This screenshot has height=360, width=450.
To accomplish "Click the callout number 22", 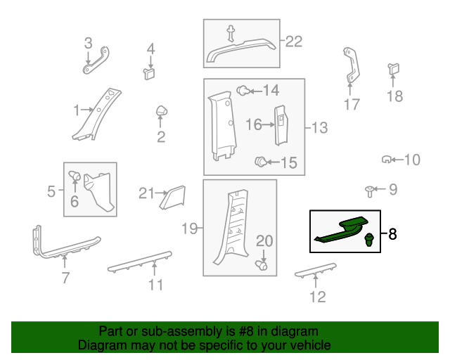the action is pyautogui.click(x=294, y=41).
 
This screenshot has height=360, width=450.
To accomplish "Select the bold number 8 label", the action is pyautogui.click(x=392, y=234).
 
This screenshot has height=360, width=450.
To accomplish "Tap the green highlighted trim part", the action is pyautogui.click(x=342, y=230).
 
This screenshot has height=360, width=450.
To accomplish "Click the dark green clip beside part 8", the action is pyautogui.click(x=369, y=240).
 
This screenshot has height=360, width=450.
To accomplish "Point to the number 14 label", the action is pyautogui.click(x=271, y=91).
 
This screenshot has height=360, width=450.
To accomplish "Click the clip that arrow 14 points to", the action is pyautogui.click(x=243, y=91).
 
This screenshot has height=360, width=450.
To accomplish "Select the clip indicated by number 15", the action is pyautogui.click(x=261, y=161).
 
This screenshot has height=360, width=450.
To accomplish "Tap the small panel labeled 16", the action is pyautogui.click(x=281, y=125).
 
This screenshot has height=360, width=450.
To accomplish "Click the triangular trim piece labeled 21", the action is pyautogui.click(x=173, y=198).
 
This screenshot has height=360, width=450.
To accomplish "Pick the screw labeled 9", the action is pyautogui.click(x=370, y=191).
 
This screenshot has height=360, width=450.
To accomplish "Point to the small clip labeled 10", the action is pyautogui.click(x=386, y=160).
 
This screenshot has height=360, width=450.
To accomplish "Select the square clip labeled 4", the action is pyautogui.click(x=149, y=74).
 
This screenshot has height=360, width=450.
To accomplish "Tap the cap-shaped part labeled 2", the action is pyautogui.click(x=162, y=111).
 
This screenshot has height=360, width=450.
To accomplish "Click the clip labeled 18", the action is pyautogui.click(x=394, y=69).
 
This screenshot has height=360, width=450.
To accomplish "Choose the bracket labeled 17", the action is pyautogui.click(x=352, y=65).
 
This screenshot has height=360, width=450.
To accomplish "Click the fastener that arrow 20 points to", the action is pyautogui.click(x=262, y=265).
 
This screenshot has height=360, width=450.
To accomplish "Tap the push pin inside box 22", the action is pyautogui.click(x=231, y=33).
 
